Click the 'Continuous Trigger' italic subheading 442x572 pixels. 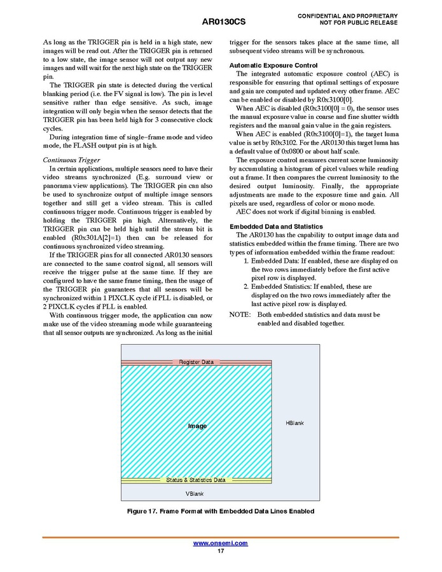click(71, 160)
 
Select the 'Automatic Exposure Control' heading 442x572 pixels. click(273, 66)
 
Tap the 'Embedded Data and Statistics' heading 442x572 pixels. click(275, 227)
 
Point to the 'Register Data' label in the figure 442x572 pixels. click(196, 362)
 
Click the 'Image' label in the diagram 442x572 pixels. click(197, 426)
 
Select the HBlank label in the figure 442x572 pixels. click(294, 423)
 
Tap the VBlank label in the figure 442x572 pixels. click(195, 494)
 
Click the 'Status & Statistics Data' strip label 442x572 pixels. click(196, 480)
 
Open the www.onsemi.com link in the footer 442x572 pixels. click(220, 543)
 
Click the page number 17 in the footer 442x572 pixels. click(221, 551)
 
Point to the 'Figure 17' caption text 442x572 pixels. click(221, 512)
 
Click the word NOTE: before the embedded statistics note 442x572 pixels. click(240, 314)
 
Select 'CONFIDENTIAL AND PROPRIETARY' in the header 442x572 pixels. click(347, 15)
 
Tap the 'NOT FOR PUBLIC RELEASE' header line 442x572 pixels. click(359, 23)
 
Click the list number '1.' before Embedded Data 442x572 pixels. click(247, 261)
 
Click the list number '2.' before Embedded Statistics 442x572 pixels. click(247, 287)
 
